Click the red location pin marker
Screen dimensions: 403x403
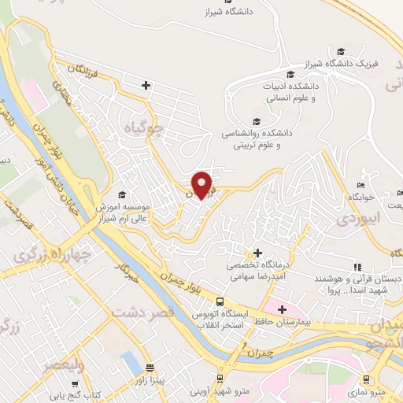[202, 183]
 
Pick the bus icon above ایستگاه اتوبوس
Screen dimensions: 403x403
[220, 302]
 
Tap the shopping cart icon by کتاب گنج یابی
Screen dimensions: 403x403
[75, 384]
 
